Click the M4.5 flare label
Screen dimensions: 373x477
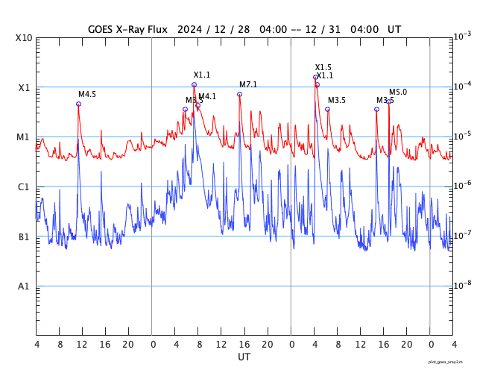[87, 95]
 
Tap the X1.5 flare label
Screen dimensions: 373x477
[323, 68]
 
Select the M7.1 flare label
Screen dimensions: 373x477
[248, 85]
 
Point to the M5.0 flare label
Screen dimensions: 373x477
[398, 93]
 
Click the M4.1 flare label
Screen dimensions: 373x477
[207, 97]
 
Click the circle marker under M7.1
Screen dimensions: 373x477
[239, 95]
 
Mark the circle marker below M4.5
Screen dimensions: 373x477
[78, 104]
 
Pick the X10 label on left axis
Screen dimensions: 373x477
[24, 38]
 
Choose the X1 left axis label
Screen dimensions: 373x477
[24, 88]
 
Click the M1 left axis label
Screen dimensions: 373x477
[24, 137]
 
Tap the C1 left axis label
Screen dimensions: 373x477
[24, 187]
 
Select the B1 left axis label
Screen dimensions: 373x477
[24, 237]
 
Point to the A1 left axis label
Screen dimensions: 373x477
[24, 286]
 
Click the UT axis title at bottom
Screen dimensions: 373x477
[244, 357]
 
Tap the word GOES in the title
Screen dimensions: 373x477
[101, 30]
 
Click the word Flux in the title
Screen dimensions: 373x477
[155, 30]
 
